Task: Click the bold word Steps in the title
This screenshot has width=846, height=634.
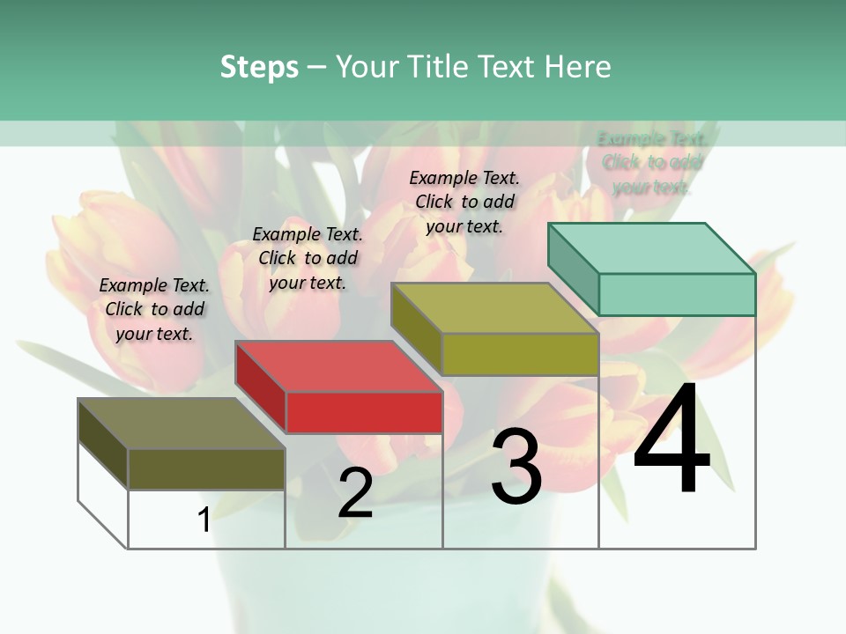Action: coord(259,67)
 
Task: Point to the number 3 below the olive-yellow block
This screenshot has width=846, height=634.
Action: coord(516,467)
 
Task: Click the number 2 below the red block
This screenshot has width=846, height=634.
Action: coord(355,493)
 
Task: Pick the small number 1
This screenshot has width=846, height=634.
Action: coord(204,520)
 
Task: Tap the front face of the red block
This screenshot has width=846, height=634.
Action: coord(364,413)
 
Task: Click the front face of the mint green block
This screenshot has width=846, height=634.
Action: coord(677,295)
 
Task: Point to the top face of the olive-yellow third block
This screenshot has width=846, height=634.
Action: coord(494,308)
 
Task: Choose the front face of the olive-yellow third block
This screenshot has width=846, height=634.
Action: coord(520,355)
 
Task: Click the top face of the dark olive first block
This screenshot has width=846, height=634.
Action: coord(181,424)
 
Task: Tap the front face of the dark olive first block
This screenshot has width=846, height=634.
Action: coord(206,469)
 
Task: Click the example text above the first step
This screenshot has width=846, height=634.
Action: coord(154,309)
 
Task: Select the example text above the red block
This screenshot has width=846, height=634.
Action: coord(308,258)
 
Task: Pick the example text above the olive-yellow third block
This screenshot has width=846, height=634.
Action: coord(464,202)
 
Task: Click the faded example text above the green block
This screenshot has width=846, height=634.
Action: coord(652,163)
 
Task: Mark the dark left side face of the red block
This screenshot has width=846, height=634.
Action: coord(261,387)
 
